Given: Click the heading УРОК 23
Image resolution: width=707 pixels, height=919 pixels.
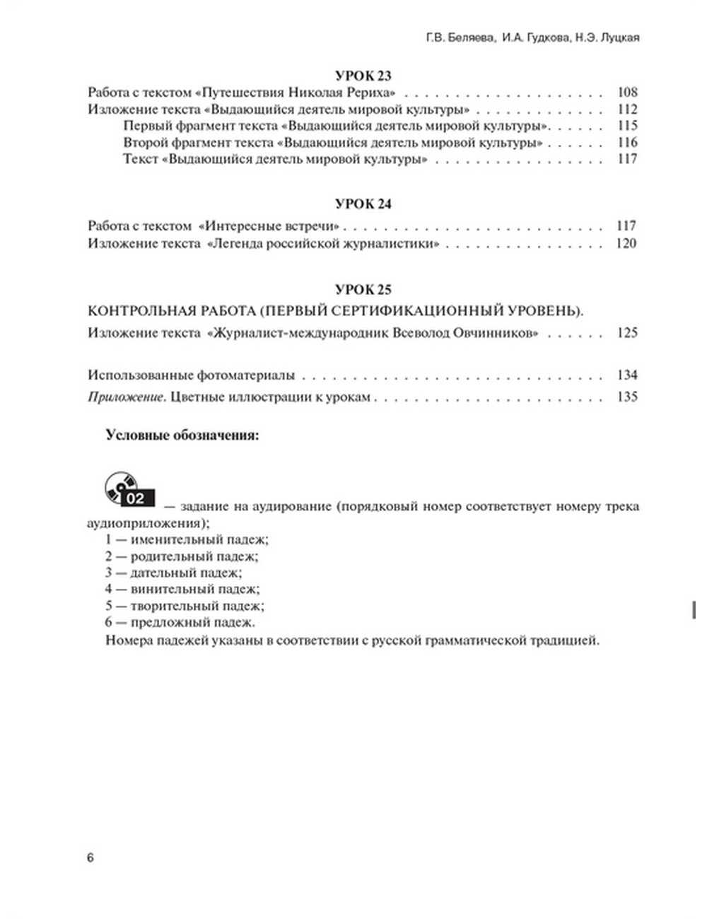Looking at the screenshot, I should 363,76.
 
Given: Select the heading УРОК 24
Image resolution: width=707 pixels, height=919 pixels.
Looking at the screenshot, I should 363,204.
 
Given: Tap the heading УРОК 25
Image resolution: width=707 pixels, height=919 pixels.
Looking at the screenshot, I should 363,290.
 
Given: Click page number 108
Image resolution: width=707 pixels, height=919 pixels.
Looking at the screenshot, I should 627,93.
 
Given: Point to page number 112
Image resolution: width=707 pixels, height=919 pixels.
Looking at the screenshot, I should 627,110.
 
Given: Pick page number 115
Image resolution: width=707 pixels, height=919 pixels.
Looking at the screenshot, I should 627,126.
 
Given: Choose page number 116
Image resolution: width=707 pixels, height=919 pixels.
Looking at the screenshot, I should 627,143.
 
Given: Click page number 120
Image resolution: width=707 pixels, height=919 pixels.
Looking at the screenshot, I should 627,244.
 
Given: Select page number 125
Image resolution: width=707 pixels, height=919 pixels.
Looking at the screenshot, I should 627,333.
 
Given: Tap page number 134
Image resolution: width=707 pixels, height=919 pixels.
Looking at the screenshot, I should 627,375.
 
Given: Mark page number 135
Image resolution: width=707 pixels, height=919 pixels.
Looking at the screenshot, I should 627,397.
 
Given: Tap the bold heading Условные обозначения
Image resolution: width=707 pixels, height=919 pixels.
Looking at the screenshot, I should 182,435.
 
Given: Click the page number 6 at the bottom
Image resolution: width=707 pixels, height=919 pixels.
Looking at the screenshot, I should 90,858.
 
